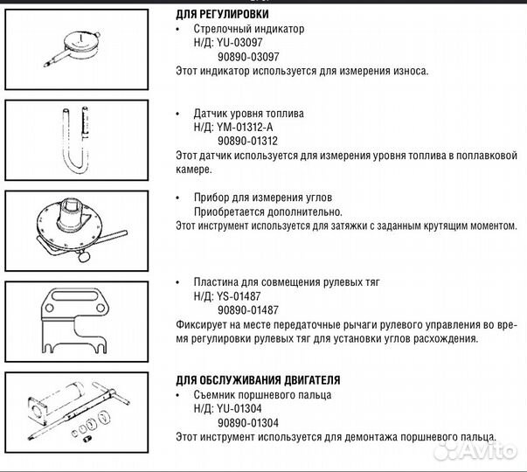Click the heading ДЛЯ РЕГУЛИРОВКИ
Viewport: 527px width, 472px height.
222,15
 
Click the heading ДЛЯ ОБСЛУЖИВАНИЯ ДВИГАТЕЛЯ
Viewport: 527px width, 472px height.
258,380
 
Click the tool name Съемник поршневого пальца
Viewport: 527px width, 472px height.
262,394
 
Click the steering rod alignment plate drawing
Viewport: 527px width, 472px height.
74,319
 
